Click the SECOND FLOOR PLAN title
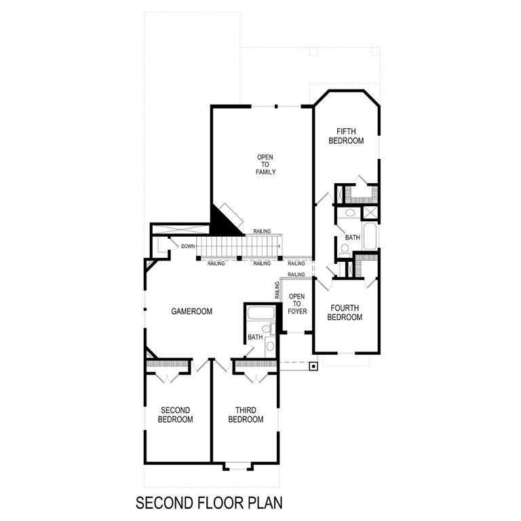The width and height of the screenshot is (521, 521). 209,503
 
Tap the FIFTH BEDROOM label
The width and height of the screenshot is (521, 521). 346,136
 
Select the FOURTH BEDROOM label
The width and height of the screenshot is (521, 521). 345,313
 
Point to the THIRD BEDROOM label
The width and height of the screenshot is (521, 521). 246,414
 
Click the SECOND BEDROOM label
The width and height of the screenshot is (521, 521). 176,414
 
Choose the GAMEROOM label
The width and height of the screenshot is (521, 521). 191,311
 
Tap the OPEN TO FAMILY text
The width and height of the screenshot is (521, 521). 265,165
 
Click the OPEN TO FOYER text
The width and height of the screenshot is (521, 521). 297,305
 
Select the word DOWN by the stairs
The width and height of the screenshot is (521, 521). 188,246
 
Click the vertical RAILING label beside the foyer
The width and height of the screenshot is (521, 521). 277,291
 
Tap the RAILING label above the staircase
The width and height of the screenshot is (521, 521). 263,231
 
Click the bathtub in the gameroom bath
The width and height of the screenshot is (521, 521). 260,313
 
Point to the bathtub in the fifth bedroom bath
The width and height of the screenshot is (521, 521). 370,237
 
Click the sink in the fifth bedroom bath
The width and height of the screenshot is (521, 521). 350,213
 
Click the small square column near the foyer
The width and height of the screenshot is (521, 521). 313,367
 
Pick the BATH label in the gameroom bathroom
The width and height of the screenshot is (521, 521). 254,337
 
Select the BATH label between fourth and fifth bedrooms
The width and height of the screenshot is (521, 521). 352,238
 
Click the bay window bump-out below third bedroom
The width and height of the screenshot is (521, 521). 238,466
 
